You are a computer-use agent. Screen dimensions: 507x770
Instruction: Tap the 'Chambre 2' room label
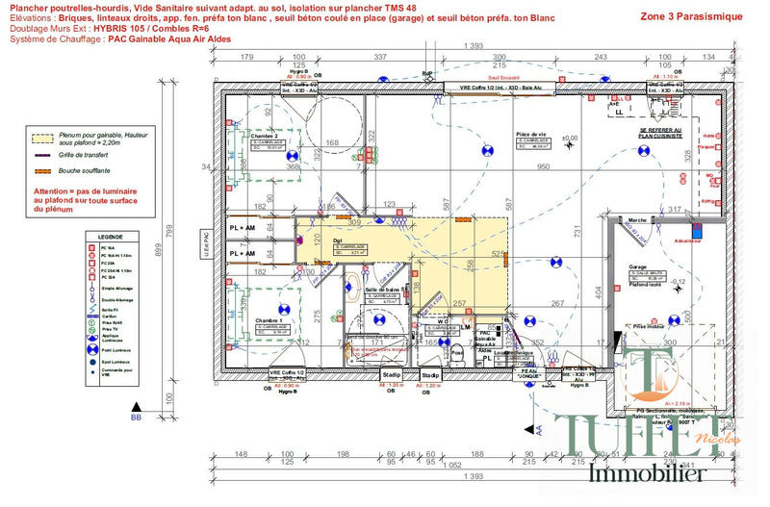265,137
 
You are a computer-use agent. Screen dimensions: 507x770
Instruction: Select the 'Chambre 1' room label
263,321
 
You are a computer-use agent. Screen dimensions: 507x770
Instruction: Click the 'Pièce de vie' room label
531,135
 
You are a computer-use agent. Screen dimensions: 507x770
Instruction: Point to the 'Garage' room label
637,266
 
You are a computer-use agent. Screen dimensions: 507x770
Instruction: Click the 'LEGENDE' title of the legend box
111,236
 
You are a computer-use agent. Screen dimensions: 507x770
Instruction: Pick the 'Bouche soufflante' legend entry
88,170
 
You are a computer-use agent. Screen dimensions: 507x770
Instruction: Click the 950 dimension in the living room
543,167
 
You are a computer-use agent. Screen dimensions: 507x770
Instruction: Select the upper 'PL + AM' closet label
243,227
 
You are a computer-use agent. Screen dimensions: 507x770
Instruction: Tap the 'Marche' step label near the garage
637,220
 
